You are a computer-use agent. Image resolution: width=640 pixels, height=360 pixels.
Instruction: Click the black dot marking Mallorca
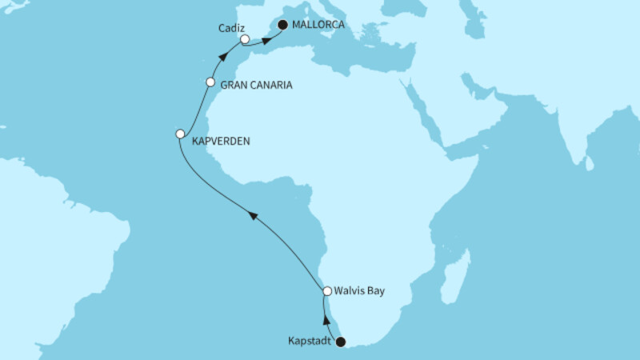(x=282, y=25)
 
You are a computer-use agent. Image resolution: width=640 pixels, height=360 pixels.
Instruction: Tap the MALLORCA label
(x=318, y=25)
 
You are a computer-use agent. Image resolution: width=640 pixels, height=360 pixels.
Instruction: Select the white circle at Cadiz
(x=246, y=38)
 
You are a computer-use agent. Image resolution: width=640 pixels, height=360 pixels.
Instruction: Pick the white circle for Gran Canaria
(x=210, y=82)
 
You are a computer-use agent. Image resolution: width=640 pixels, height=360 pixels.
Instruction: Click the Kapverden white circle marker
(x=180, y=134)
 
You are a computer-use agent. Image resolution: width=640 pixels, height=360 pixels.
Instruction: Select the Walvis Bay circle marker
(x=326, y=291)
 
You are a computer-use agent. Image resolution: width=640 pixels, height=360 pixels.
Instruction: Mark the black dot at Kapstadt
(x=341, y=342)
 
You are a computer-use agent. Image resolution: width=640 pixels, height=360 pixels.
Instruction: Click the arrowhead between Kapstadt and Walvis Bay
(x=325, y=319)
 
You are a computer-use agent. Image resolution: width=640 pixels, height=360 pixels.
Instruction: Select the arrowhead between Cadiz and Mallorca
(x=266, y=39)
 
